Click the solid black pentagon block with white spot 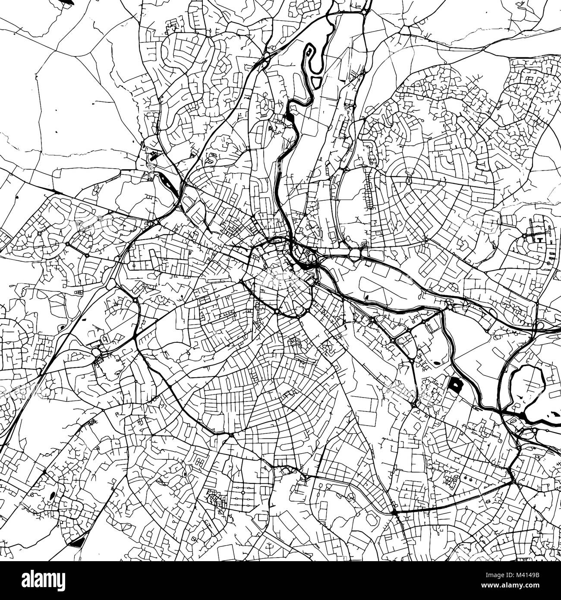(455, 384)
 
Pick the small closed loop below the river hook (316, 81)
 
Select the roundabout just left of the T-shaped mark (525, 236)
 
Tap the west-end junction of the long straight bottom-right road (395, 512)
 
